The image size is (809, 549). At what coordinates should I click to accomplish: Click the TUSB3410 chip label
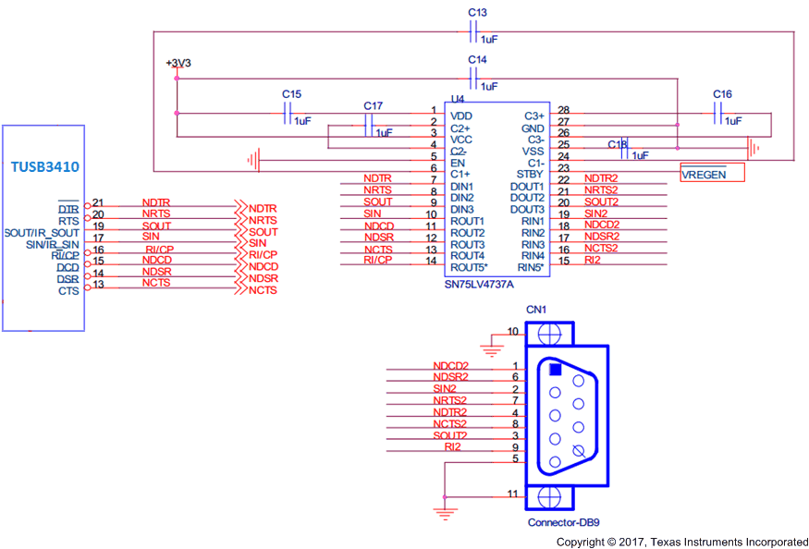(44, 167)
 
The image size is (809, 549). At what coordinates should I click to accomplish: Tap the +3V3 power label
(178, 63)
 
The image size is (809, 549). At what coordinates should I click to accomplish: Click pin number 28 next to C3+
(563, 111)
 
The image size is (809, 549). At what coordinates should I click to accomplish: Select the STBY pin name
(531, 174)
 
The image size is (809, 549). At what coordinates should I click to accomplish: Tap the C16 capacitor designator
(722, 95)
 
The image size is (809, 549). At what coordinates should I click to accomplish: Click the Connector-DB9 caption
(565, 522)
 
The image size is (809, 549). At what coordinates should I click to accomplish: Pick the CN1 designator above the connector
(536, 309)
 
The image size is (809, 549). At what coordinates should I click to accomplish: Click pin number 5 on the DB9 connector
(514, 459)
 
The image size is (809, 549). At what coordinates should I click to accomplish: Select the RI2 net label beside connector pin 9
(452, 447)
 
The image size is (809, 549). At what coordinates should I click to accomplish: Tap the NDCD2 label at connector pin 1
(450, 366)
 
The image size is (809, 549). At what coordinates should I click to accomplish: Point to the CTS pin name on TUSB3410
(68, 290)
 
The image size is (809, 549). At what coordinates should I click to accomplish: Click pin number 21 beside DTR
(98, 202)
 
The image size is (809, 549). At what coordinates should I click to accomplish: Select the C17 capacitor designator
(373, 106)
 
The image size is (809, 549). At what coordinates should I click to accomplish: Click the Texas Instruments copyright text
(681, 542)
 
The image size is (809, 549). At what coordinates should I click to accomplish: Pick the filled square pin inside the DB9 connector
(555, 369)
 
